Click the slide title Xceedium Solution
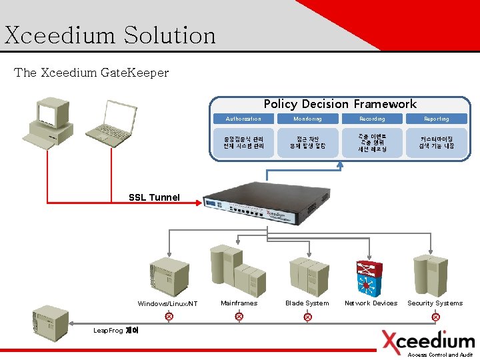110,35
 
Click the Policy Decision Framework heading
340,104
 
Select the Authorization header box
243,119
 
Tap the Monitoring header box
308,119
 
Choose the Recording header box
372,119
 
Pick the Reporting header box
437,119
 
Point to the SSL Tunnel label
154,197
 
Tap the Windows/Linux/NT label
167,304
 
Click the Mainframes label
239,303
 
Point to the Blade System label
307,303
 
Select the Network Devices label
371,303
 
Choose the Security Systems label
435,303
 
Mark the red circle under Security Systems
435,317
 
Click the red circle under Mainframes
239,317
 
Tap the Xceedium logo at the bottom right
428,341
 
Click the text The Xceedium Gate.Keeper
91,72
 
